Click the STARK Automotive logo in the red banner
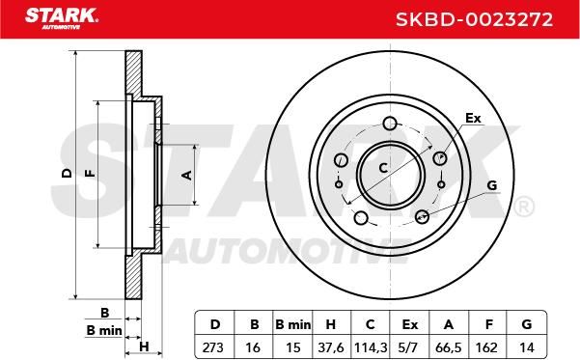pos(62,17)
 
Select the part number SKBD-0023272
pos(474,19)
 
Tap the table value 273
pos(212,347)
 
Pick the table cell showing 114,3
pos(371,347)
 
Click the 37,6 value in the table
pos(331,347)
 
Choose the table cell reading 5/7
pos(409,347)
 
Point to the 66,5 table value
pos(449,347)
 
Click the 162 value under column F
pos(486,347)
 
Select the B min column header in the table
pos(293,324)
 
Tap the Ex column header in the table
pos(410,324)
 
